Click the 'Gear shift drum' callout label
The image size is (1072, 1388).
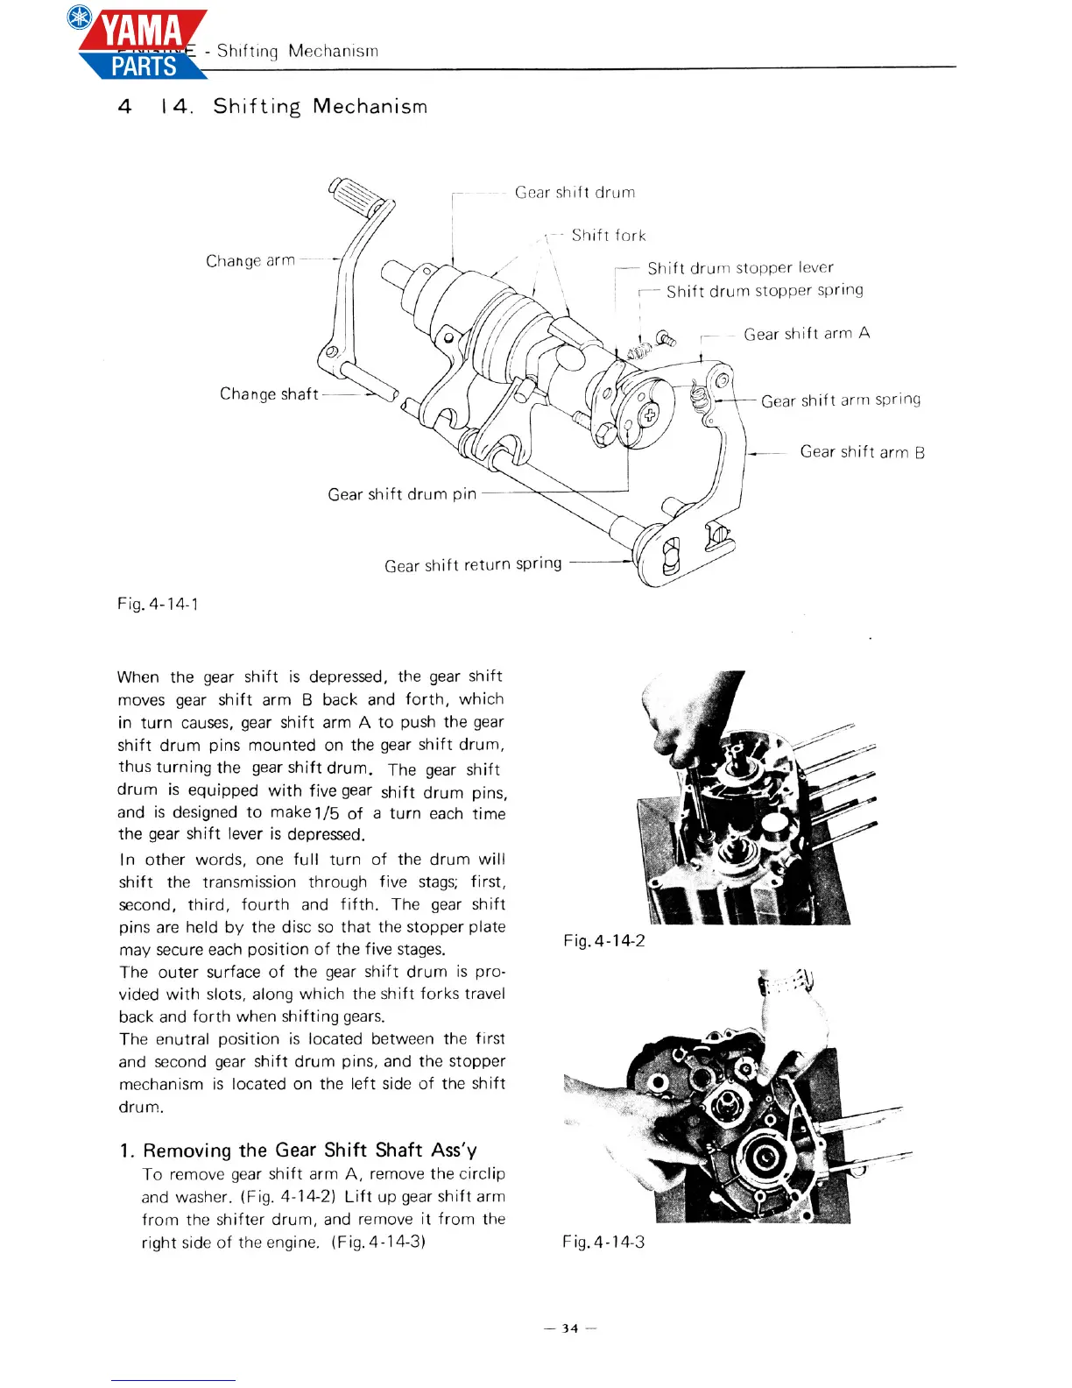pos(575,192)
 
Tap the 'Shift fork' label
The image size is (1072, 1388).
pos(609,235)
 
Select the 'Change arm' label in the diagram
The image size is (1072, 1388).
pos(250,260)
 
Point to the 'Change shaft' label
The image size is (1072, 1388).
pos(269,394)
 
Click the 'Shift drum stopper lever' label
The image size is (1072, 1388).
pos(740,267)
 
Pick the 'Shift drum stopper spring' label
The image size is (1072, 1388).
pos(765,290)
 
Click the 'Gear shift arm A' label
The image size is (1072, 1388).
pos(807,334)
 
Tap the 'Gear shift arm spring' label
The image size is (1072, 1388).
pos(841,400)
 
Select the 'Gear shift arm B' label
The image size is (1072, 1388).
pos(862,452)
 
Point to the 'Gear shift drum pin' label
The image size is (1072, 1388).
pos(402,494)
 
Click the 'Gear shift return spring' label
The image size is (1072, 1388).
pos(473,565)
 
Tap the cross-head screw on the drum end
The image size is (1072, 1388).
pos(651,414)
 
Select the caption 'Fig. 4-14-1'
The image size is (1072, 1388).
pos(158,604)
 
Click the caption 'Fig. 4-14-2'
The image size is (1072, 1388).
pos(604,941)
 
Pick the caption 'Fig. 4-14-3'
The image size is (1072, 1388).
pos(603,1242)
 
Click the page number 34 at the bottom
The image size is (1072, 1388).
pos(570,1328)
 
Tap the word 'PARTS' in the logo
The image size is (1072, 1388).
pos(145,66)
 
